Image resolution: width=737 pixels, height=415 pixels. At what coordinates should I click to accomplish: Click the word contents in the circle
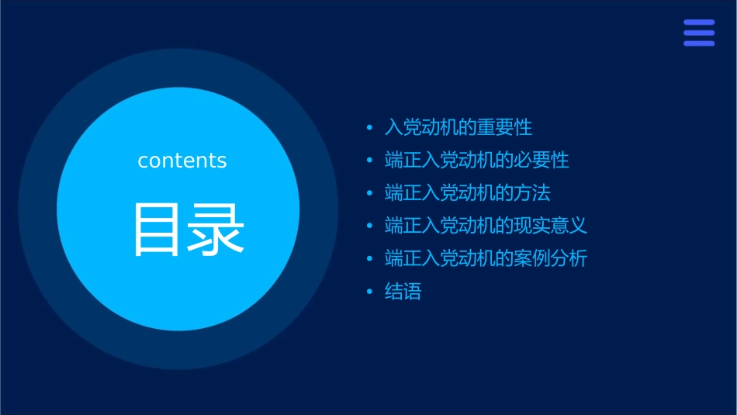pos(182,161)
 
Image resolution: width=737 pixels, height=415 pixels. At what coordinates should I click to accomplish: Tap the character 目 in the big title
pos(156,230)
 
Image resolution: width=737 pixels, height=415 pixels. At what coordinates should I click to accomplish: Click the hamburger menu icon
pos(699,33)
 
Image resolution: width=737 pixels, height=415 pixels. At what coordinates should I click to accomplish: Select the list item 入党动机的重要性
pos(458,127)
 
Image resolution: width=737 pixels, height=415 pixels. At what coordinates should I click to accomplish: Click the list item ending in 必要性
pos(477,161)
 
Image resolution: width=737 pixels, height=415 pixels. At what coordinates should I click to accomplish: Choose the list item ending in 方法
pos(468,193)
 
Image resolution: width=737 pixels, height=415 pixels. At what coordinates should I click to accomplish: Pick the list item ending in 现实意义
pos(486,226)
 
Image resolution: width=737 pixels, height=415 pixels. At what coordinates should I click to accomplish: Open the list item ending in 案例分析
pos(486,258)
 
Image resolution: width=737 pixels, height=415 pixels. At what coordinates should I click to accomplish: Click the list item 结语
pos(403,292)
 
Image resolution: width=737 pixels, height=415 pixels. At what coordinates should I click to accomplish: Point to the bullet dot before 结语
pos(370,292)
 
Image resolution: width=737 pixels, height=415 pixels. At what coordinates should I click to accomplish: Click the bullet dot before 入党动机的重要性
pos(370,127)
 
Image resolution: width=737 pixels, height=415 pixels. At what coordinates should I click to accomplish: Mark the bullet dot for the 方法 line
pos(370,193)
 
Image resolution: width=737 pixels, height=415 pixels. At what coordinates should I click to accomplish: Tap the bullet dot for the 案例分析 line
pos(370,258)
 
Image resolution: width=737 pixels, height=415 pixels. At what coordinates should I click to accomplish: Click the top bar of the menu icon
pos(699,22)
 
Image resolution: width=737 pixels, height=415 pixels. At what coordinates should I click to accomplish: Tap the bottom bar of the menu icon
pos(699,43)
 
